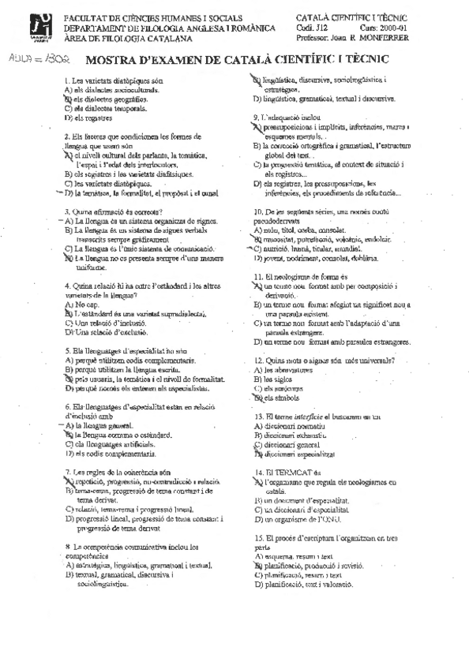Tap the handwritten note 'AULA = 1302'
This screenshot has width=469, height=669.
pos(36,58)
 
